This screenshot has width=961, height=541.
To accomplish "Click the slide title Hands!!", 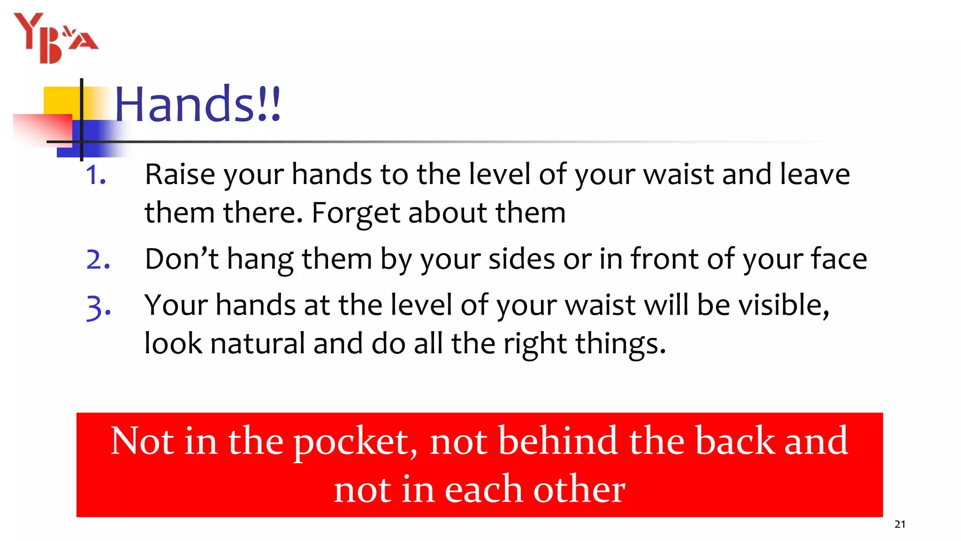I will point(198,104).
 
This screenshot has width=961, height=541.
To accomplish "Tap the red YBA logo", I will point(56,38).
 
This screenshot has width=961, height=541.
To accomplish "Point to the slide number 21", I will point(900,524).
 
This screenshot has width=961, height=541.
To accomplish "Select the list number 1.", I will point(96,175).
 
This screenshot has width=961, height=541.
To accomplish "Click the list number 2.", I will point(98,260).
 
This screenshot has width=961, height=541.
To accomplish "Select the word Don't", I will point(182,259).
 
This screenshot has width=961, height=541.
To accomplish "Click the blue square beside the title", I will point(94,139).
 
